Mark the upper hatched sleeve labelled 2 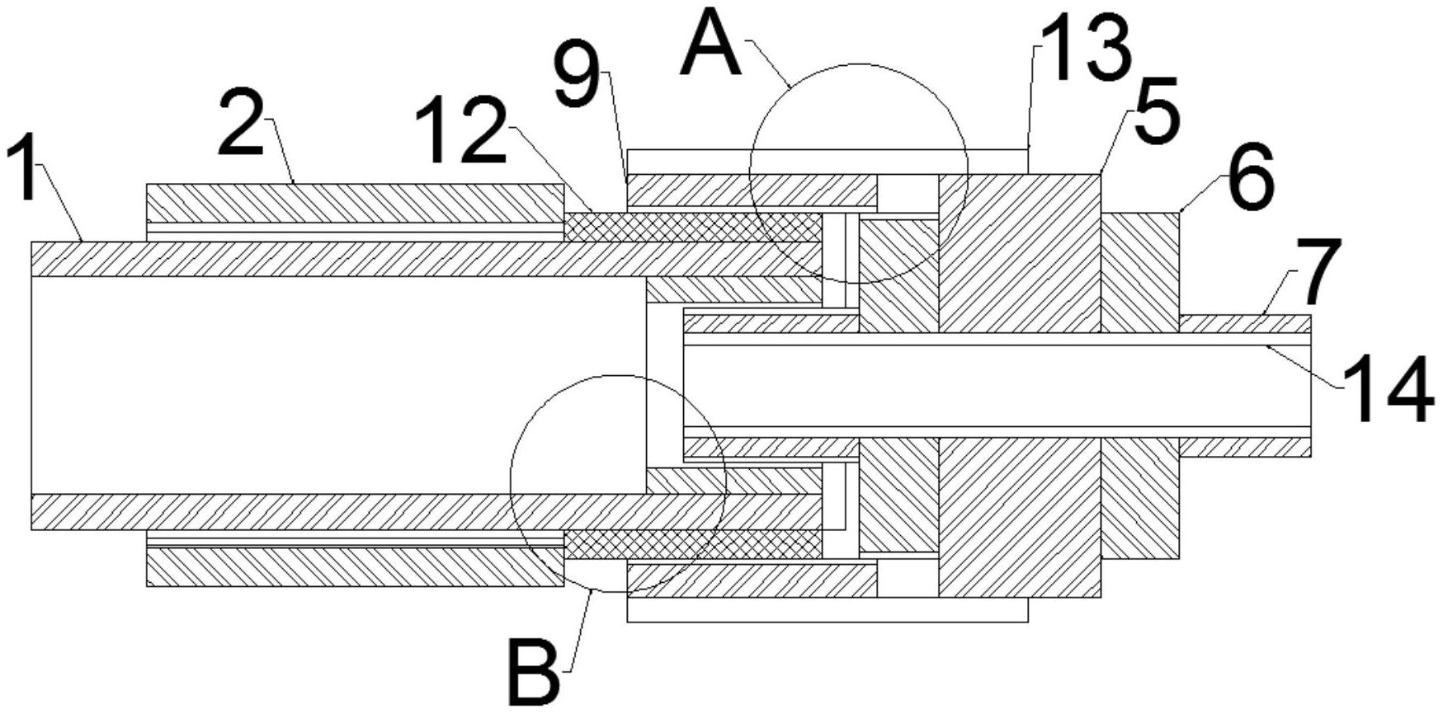click(355, 203)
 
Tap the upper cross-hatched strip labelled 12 click(693, 227)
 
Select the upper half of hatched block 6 click(1139, 272)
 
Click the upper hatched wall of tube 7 click(1245, 323)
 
